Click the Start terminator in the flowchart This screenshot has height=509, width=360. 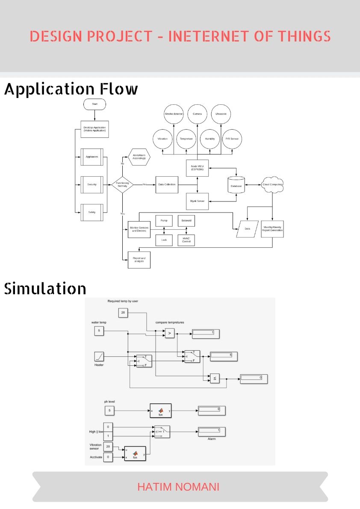pyautogui.click(x=94, y=104)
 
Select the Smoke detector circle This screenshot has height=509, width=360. pyautogui.click(x=174, y=114)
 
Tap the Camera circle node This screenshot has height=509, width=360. pyautogui.click(x=198, y=114)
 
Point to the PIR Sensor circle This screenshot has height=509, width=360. pyautogui.click(x=233, y=139)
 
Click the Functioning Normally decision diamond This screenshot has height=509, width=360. pyautogui.click(x=122, y=184)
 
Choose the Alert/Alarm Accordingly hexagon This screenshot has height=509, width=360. pyautogui.click(x=139, y=157)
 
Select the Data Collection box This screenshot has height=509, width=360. pyautogui.click(x=167, y=184)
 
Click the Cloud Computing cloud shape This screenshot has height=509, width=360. pyautogui.click(x=273, y=184)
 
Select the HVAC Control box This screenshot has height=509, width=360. pyautogui.click(x=186, y=240)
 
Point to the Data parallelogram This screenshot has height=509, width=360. pyautogui.click(x=247, y=229)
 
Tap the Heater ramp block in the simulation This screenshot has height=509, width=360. pyautogui.click(x=99, y=356)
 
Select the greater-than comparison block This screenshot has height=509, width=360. pyautogui.click(x=170, y=333)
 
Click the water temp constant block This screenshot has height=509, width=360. pyautogui.click(x=99, y=331)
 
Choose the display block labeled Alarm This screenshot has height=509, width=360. pyautogui.click(x=211, y=431)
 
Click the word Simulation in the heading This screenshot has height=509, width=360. pyautogui.click(x=45, y=289)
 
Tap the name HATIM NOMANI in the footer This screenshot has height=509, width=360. pyautogui.click(x=178, y=487)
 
